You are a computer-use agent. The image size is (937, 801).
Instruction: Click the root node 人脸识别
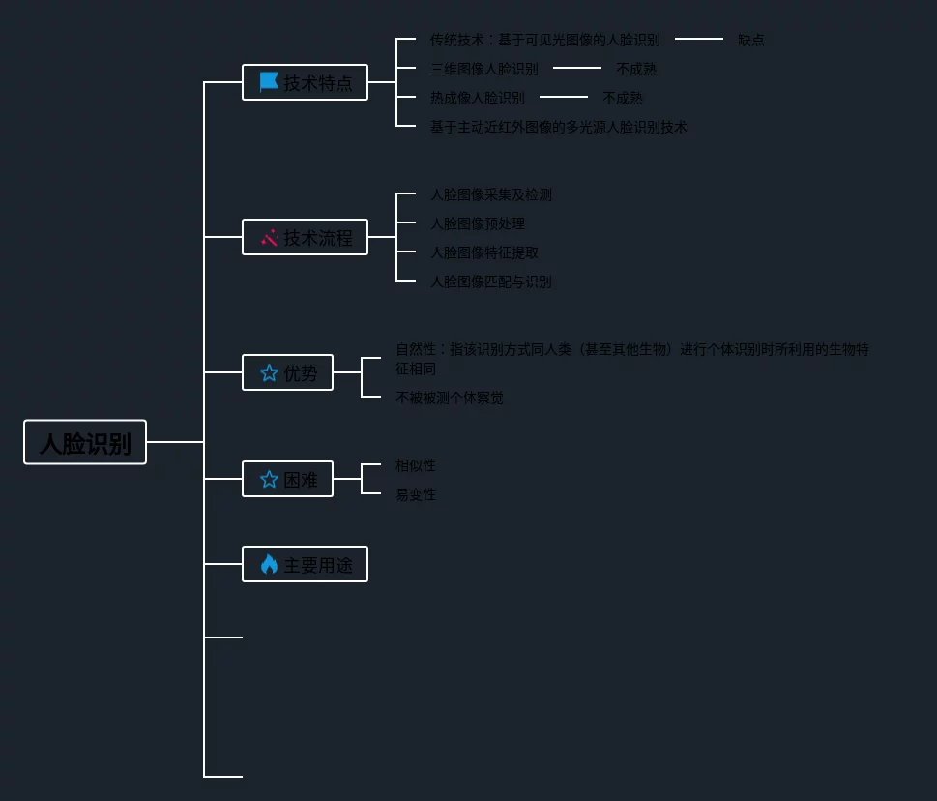pyautogui.click(x=85, y=442)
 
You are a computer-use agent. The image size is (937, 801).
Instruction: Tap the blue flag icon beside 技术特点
pyautogui.click(x=269, y=82)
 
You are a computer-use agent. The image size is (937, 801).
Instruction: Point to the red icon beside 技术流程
pyautogui.click(x=269, y=237)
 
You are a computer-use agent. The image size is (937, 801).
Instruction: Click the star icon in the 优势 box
pyautogui.click(x=269, y=372)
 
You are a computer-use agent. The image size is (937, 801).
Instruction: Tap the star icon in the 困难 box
pyautogui.click(x=269, y=479)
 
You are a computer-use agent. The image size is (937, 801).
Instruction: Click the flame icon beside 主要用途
pyautogui.click(x=269, y=564)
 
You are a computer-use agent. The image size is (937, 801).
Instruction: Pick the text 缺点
pyautogui.click(x=751, y=40)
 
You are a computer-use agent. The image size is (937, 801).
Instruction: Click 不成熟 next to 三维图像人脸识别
pyautogui.click(x=636, y=69)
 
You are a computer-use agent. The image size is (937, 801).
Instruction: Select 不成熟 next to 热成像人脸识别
pyautogui.click(x=623, y=98)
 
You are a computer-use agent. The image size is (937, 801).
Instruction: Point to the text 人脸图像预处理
pyautogui.click(x=478, y=223)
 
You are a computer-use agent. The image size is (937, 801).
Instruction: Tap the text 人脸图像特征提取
pyautogui.click(x=484, y=252)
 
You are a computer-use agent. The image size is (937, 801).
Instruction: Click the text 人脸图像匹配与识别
pyautogui.click(x=491, y=282)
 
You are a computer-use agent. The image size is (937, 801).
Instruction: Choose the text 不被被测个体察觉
pyautogui.click(x=450, y=398)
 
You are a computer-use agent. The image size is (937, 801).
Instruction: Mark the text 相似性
pyautogui.click(x=416, y=465)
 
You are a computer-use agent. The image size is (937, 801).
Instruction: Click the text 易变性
pyautogui.click(x=416, y=494)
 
